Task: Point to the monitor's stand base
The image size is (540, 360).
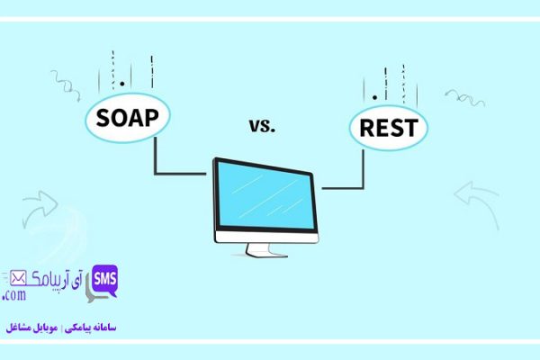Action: (x=267, y=251)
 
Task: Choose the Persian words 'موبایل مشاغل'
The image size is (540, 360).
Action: (x=31, y=328)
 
